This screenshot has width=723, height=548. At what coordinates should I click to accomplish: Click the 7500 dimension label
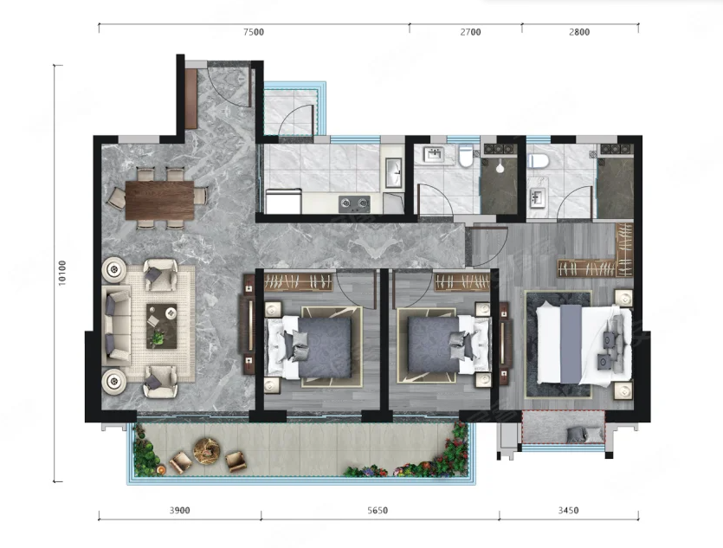pyautogui.click(x=254, y=32)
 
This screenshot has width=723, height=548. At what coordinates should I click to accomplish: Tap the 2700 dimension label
pyautogui.click(x=470, y=32)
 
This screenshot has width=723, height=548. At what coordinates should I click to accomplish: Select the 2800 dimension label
pyautogui.click(x=579, y=32)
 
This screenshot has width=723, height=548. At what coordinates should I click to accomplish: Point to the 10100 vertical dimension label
pyautogui.click(x=62, y=273)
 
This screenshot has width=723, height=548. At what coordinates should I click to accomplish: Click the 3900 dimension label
pyautogui.click(x=180, y=510)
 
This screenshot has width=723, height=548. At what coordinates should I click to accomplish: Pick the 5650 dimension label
pyautogui.click(x=378, y=510)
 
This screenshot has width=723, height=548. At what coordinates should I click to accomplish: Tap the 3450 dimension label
pyautogui.click(x=568, y=510)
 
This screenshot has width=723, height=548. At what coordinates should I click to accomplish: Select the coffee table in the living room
pyautogui.click(x=162, y=326)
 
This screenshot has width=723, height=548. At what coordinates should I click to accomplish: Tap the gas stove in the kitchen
pyautogui.click(x=354, y=204)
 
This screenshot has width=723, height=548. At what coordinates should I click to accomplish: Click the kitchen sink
pyautogui.click(x=394, y=173)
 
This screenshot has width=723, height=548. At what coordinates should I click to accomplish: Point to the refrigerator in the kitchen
pyautogui.click(x=284, y=202)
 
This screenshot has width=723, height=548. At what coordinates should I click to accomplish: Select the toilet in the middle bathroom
pyautogui.click(x=466, y=155)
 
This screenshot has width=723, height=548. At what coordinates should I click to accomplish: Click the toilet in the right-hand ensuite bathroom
pyautogui.click(x=537, y=160)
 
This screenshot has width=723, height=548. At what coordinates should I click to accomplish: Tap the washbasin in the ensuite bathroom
pyautogui.click(x=537, y=198)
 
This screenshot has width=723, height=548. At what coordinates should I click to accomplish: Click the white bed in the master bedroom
pyautogui.click(x=584, y=345)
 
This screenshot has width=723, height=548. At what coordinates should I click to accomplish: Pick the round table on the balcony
pyautogui.click(x=207, y=450)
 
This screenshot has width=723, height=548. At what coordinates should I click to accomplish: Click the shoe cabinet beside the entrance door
pyautogui.click(x=191, y=98)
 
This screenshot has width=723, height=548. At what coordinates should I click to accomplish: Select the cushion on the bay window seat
pyautogui.click(x=577, y=435)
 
